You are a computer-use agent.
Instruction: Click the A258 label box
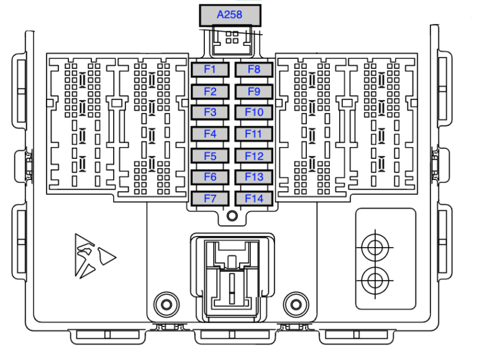tap(229, 15)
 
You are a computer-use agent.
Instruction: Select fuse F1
tap(210, 70)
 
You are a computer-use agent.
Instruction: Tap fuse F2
tap(210, 92)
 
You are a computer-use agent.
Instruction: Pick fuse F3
tap(210, 112)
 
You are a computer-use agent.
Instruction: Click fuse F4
tap(210, 134)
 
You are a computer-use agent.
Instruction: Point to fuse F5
tap(210, 156)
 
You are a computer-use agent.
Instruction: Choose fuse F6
tap(210, 178)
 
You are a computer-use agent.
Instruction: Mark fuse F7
tap(210, 199)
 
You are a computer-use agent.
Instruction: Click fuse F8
tap(254, 70)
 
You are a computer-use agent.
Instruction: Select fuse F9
tap(254, 92)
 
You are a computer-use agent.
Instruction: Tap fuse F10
tap(254, 112)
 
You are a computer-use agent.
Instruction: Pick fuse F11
tap(254, 134)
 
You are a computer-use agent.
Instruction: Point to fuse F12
tap(254, 156)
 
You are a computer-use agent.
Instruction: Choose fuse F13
tap(254, 178)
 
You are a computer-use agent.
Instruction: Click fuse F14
tap(254, 199)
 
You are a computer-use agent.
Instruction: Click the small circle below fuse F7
tap(232, 216)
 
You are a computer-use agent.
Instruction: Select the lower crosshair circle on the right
tap(374, 281)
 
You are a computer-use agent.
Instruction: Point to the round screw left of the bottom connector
tap(165, 304)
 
